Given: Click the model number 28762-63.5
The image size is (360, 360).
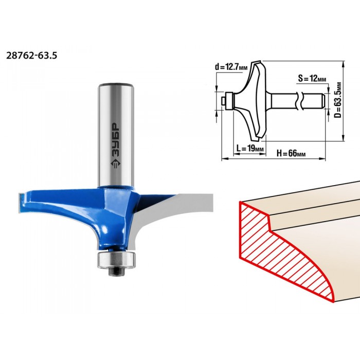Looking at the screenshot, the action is (31, 56).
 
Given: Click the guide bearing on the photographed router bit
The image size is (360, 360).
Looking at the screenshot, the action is (116, 259).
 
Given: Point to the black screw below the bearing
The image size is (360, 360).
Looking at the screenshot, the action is (116, 272).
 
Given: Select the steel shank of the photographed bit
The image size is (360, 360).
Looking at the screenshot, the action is (116, 135).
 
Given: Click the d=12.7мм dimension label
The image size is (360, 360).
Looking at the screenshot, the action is (231, 67).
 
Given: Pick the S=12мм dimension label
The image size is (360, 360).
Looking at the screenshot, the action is (312, 78).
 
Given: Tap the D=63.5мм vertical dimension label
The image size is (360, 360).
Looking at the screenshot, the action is (338, 100).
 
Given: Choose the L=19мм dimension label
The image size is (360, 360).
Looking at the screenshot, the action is (250, 148).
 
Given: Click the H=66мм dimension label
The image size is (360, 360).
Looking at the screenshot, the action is (291, 153).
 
